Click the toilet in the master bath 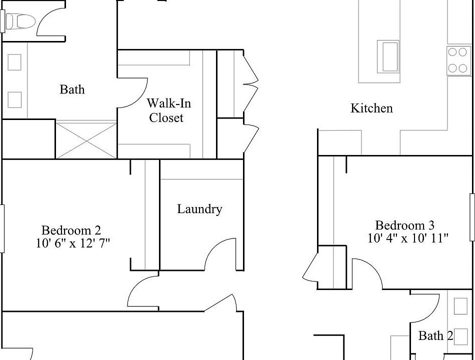(x=21, y=21)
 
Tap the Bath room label (x=72, y=90)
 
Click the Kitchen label (x=371, y=108)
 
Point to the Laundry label (x=199, y=209)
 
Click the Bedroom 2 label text (x=71, y=230)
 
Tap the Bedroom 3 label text (x=404, y=225)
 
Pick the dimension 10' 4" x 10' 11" (x=408, y=238)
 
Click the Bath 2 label (x=435, y=335)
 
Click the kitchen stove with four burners (x=459, y=60)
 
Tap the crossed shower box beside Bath (x=86, y=140)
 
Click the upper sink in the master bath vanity (x=14, y=62)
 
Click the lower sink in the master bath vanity (x=14, y=99)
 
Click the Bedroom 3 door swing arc (x=368, y=272)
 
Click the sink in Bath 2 (x=460, y=306)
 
